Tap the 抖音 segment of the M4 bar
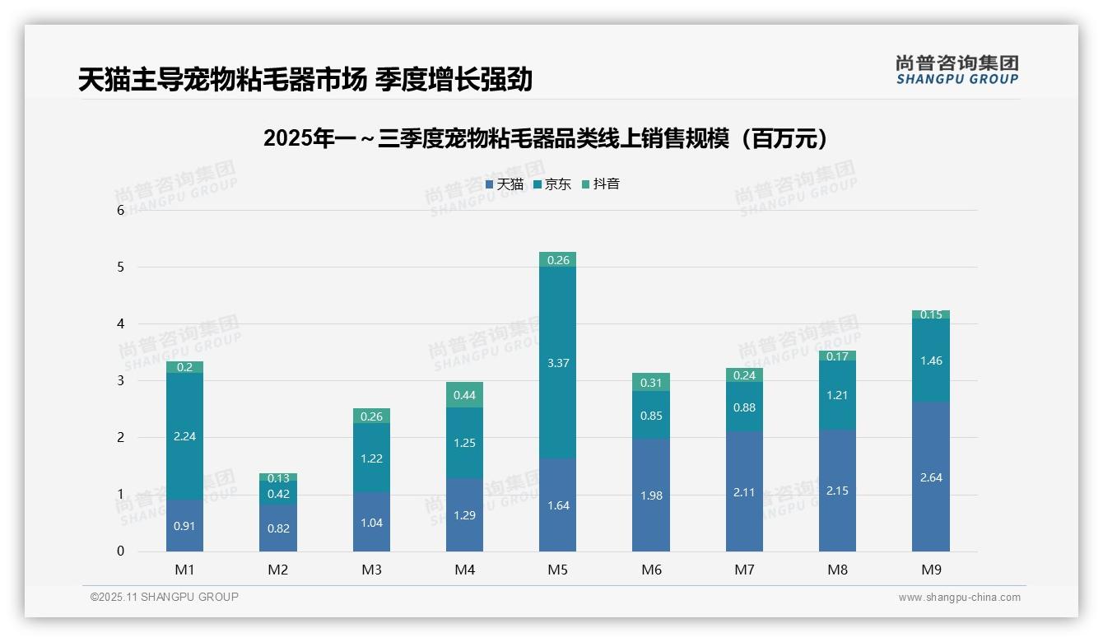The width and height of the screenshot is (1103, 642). pos(464,395)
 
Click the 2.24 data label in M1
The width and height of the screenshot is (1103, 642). pos(184,436)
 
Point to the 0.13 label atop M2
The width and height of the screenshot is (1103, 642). pos(278,478)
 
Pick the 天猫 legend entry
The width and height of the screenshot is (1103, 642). pos(505,184)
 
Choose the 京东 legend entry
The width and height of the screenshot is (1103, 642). pos(552,184)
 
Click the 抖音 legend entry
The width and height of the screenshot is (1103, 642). pos(601,184)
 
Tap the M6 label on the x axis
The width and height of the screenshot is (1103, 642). pos(651,570)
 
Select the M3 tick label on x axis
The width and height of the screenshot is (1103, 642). pos(371,570)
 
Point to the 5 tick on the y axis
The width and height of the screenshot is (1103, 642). pos(120,267)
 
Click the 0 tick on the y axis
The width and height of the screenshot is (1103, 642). pos(120,551)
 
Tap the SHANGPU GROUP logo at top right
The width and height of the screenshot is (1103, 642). pos(956,70)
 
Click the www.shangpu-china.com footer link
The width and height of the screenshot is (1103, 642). pos(959,598)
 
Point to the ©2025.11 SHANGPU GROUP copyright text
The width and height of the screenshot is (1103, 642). pos(165,597)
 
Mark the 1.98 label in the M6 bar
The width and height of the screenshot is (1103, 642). pos(651,495)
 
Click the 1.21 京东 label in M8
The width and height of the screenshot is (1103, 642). pos(837,395)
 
